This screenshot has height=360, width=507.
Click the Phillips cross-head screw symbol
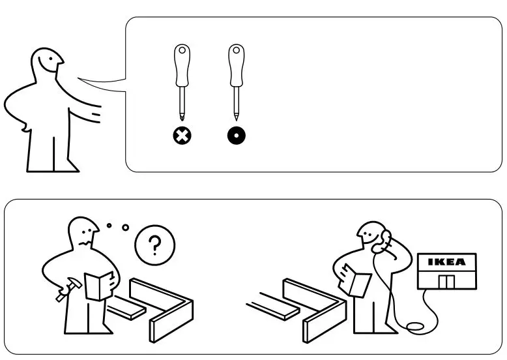[181, 136]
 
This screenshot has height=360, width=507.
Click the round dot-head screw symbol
[236, 136]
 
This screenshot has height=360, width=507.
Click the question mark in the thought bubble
[154, 246]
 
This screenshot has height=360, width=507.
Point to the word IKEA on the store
[446, 262]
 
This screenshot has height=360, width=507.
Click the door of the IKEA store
[446, 281]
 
